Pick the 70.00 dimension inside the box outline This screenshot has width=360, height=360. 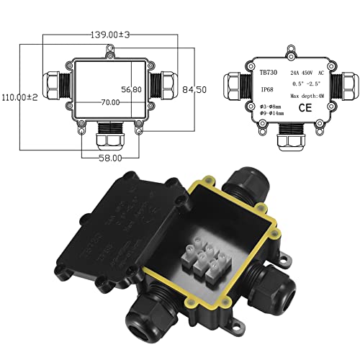click(109, 103)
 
